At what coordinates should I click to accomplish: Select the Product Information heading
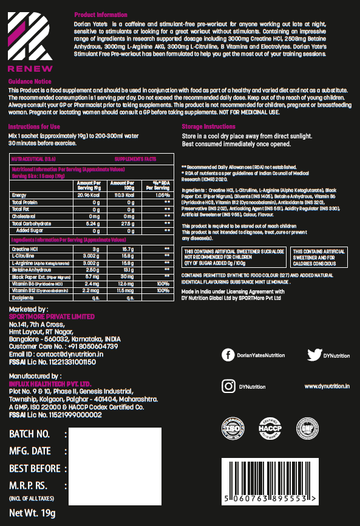[101, 15]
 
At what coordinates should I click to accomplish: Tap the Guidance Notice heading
[30, 81]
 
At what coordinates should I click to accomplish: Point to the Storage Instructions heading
[210, 126]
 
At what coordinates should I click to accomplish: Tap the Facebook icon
[228, 355]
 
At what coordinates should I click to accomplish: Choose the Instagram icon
[228, 386]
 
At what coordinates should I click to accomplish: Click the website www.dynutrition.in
[327, 386]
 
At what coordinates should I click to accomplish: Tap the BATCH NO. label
[29, 434]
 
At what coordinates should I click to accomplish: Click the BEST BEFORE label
[35, 468]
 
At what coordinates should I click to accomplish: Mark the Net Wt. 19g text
[32, 513]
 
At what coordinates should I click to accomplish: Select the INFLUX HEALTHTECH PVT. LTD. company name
[50, 384]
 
